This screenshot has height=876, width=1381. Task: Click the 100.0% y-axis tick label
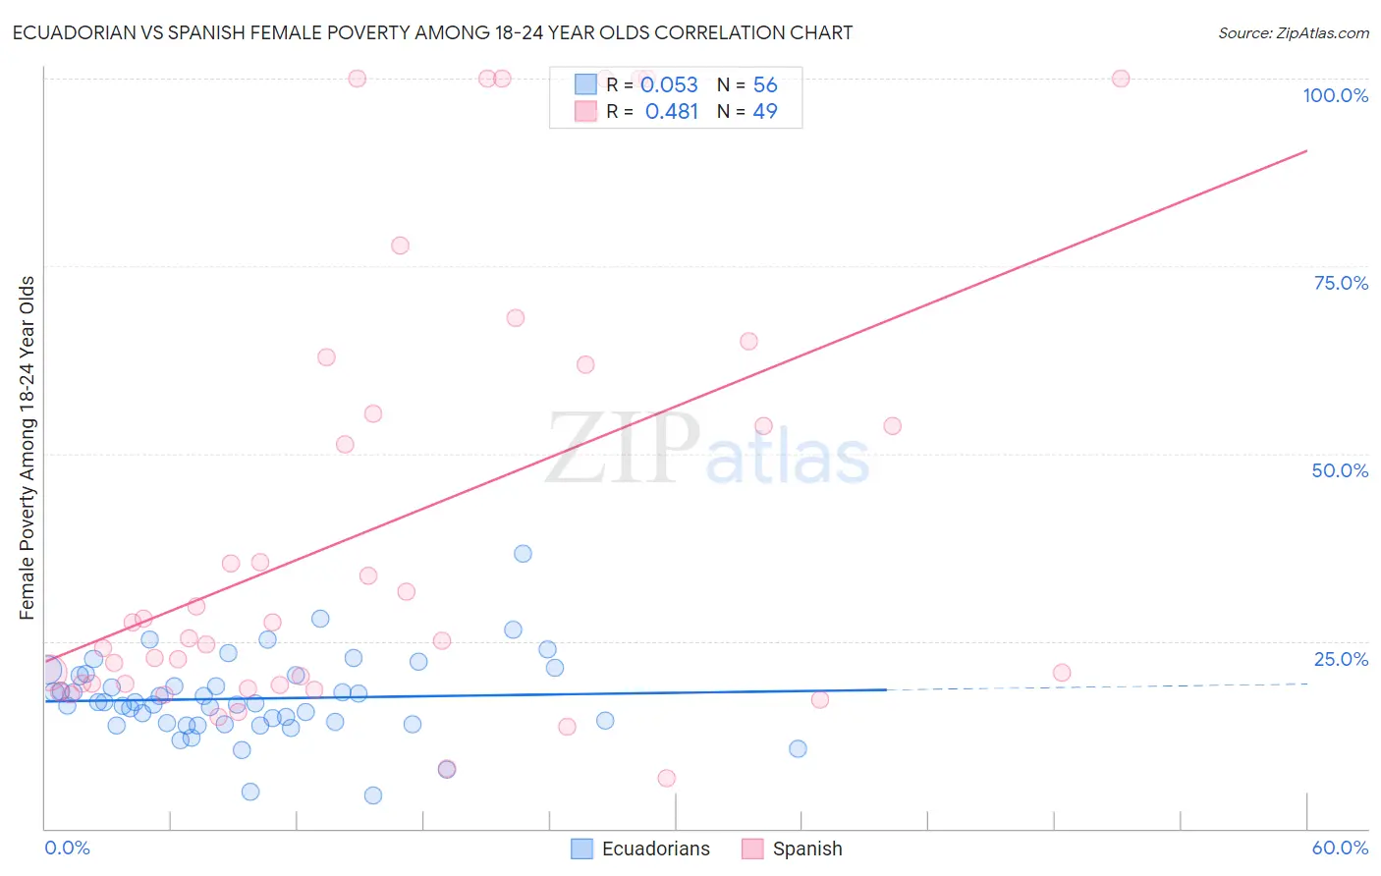pos(1335,95)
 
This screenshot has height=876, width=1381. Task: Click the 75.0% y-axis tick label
pos(1341,283)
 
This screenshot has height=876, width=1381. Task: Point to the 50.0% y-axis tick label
pos(1340,470)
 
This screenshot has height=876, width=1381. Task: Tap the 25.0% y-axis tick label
pos(1341,659)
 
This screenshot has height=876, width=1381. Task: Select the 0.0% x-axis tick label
pos(67,848)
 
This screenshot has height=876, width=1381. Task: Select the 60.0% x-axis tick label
pos(1340,848)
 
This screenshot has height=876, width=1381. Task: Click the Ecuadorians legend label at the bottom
pos(655,849)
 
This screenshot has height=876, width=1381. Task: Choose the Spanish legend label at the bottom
pos(806,849)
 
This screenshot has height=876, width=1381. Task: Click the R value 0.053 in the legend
pos(669,85)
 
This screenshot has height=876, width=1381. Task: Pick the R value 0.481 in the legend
pos(671,112)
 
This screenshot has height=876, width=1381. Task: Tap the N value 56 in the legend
pos(765,85)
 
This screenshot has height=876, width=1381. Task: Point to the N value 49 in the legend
pos(765,112)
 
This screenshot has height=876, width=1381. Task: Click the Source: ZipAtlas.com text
pos(1293,33)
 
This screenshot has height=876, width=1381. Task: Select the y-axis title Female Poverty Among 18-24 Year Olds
pos(28,448)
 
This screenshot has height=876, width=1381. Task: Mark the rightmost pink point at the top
pos(1121,79)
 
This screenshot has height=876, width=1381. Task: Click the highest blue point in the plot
pos(523,554)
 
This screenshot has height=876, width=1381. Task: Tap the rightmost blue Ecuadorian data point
pos(798,748)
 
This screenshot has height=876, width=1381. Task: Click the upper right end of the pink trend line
pos(1306,151)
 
